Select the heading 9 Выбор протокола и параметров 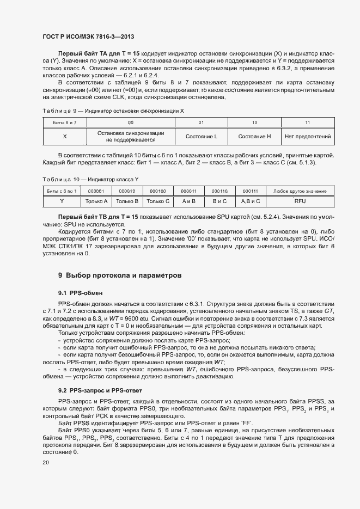pos(120,275)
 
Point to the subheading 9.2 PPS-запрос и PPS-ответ pos(100,391)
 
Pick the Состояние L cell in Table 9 pos(201,136)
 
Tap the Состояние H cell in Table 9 pos(254,136)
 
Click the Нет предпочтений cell pos(307,136)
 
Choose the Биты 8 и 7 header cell pos(65,123)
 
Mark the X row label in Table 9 pos(65,136)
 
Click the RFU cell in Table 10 pos(300,201)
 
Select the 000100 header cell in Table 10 pos(158,191)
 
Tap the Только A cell pos(96,201)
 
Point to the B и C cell pos(219,201)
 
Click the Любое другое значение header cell pos(300,191)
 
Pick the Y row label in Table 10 pos(62,201)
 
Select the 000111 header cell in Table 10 pos(251,191)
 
